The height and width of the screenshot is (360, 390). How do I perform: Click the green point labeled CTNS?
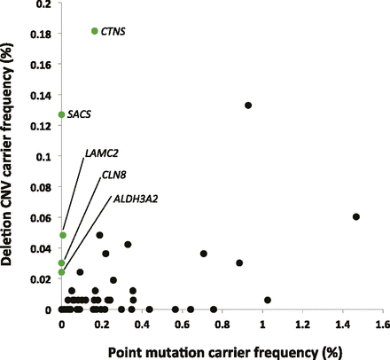click(x=95, y=31)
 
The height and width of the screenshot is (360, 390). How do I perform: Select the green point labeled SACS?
click(x=61, y=114)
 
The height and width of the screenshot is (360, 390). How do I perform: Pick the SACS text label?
click(x=81, y=115)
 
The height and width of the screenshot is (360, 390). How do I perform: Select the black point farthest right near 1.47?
click(x=356, y=216)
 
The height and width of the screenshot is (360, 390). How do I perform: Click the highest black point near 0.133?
click(x=248, y=106)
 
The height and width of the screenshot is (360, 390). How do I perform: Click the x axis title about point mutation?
click(x=222, y=349)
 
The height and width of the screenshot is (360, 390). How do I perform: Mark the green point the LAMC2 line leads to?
click(x=62, y=235)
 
